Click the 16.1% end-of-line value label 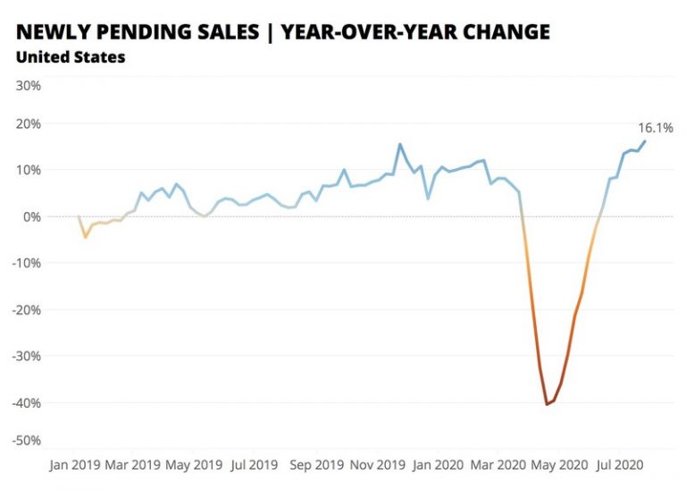coord(656,128)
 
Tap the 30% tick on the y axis coord(29,86)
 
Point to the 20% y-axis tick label coord(29,123)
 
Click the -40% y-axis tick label coord(27,402)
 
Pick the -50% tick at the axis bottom coord(27,441)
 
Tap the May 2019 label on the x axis coord(194,465)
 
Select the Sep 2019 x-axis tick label coord(317,465)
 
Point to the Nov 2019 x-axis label coord(378,465)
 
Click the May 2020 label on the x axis coord(560,465)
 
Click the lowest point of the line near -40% coord(547,404)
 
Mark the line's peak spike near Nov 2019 coord(399,144)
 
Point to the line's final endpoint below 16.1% coord(645,141)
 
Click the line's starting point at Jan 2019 coord(79,216)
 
